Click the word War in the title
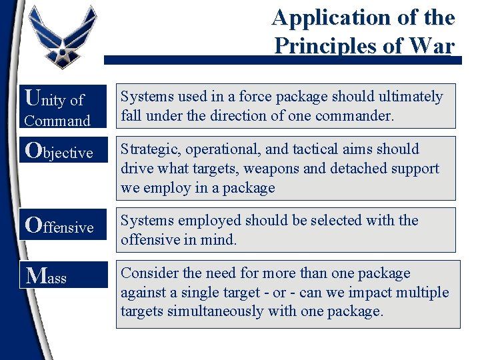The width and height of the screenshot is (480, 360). click(433, 45)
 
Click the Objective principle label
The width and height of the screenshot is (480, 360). click(59, 151)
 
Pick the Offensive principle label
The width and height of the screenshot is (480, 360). click(59, 226)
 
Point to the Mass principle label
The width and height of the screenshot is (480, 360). click(47, 275)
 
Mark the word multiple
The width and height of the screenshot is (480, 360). click(423, 292)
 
